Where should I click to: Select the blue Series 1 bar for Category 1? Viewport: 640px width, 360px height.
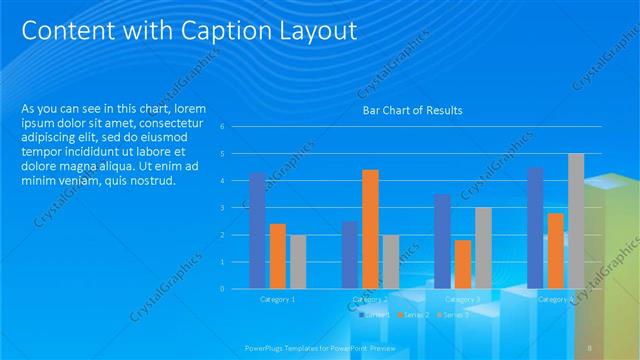pos(257,230)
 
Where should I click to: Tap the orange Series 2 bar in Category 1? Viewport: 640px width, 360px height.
pos(278,256)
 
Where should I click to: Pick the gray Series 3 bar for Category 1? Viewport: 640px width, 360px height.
pos(298,261)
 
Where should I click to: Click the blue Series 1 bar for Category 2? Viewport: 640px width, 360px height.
pos(350,255)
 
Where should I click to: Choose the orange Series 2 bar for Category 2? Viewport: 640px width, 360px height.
pos(370,229)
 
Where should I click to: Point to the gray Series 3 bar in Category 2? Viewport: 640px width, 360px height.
pos(390,261)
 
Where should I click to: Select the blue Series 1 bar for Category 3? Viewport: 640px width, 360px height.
pos(442,241)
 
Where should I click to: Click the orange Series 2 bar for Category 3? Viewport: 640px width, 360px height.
pos(462,264)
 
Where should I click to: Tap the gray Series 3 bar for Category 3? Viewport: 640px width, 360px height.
pos(482,248)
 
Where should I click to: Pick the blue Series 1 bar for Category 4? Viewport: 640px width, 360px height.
pos(535,228)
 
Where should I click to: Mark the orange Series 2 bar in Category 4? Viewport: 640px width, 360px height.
pos(555,250)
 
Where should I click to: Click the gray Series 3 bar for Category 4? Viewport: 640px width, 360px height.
pos(575,221)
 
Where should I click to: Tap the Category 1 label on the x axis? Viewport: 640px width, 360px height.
pos(277,299)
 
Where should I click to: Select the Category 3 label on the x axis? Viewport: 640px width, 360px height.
pos(462,299)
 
